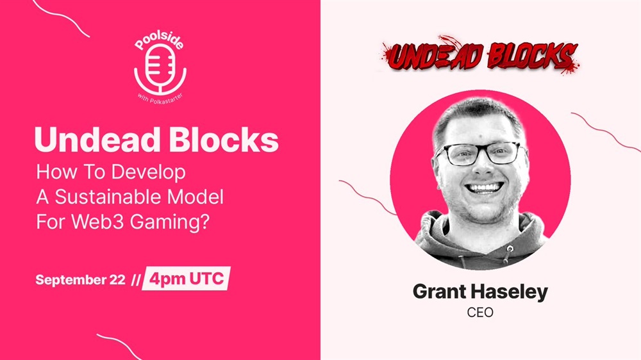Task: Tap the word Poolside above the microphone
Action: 160,40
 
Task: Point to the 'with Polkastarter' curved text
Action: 160,99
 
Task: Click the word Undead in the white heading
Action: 97,140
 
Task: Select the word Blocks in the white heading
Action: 224,140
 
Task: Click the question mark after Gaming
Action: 205,222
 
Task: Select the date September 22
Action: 80,280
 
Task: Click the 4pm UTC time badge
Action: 186,279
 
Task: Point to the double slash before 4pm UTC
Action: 136,280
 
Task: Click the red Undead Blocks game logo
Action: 479,55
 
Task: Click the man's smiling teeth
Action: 485,188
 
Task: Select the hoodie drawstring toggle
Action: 510,249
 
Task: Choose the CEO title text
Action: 480,313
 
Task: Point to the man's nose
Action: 483,167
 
